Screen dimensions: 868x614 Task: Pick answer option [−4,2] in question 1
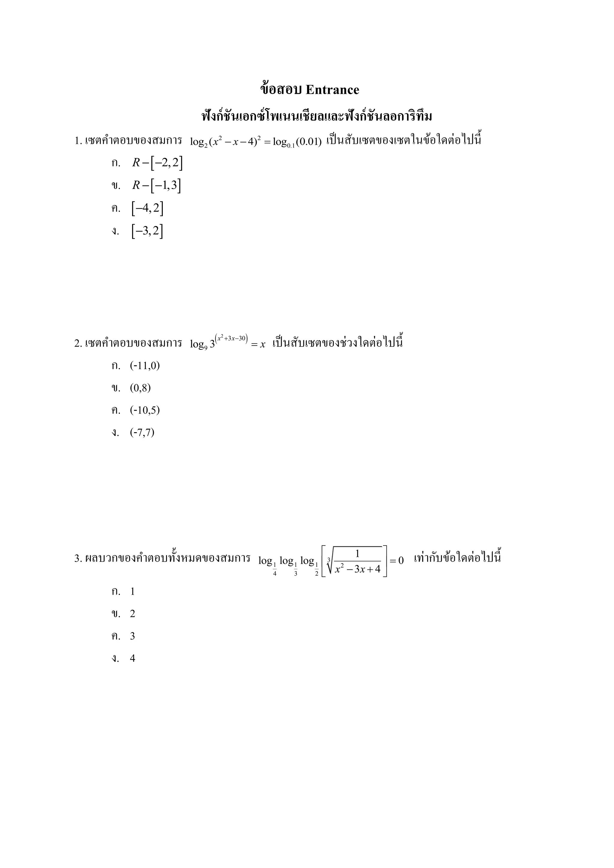click(148, 208)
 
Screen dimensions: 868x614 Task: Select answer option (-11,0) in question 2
click(145, 366)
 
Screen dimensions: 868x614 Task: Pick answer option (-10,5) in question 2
click(145, 410)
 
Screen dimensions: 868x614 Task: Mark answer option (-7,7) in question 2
click(142, 432)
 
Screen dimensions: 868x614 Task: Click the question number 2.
click(78, 344)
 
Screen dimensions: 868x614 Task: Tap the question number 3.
click(78, 558)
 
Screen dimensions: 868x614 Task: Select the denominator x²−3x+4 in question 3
click(358, 569)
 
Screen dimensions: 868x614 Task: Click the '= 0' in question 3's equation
click(397, 560)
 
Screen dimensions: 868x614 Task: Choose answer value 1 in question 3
click(132, 592)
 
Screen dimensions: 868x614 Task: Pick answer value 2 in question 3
click(132, 614)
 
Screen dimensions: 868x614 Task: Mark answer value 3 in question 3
click(132, 636)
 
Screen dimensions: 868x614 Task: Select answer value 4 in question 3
click(132, 658)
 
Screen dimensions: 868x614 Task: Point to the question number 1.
click(78, 141)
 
